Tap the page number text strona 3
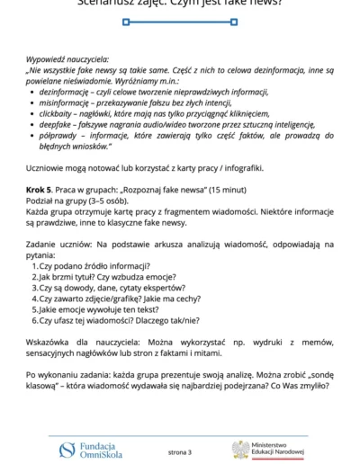pos(180,451)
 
